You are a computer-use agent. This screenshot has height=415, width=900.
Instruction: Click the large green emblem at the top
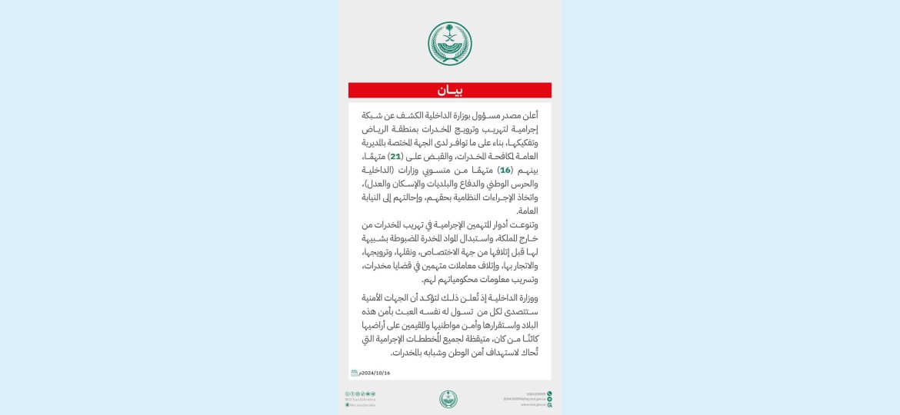450,44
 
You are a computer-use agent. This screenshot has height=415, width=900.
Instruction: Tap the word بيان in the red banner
450,91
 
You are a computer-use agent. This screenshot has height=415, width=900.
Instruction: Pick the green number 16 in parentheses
505,170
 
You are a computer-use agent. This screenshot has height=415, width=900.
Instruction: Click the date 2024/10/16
375,373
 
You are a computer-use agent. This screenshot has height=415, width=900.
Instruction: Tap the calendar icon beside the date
354,373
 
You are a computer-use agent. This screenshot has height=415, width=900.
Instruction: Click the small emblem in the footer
448,399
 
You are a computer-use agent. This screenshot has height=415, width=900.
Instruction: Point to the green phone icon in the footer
550,394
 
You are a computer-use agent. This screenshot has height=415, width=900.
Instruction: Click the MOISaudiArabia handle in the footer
360,399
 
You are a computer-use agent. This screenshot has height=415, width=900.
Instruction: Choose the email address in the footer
525,399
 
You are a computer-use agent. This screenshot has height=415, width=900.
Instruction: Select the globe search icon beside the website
550,404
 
